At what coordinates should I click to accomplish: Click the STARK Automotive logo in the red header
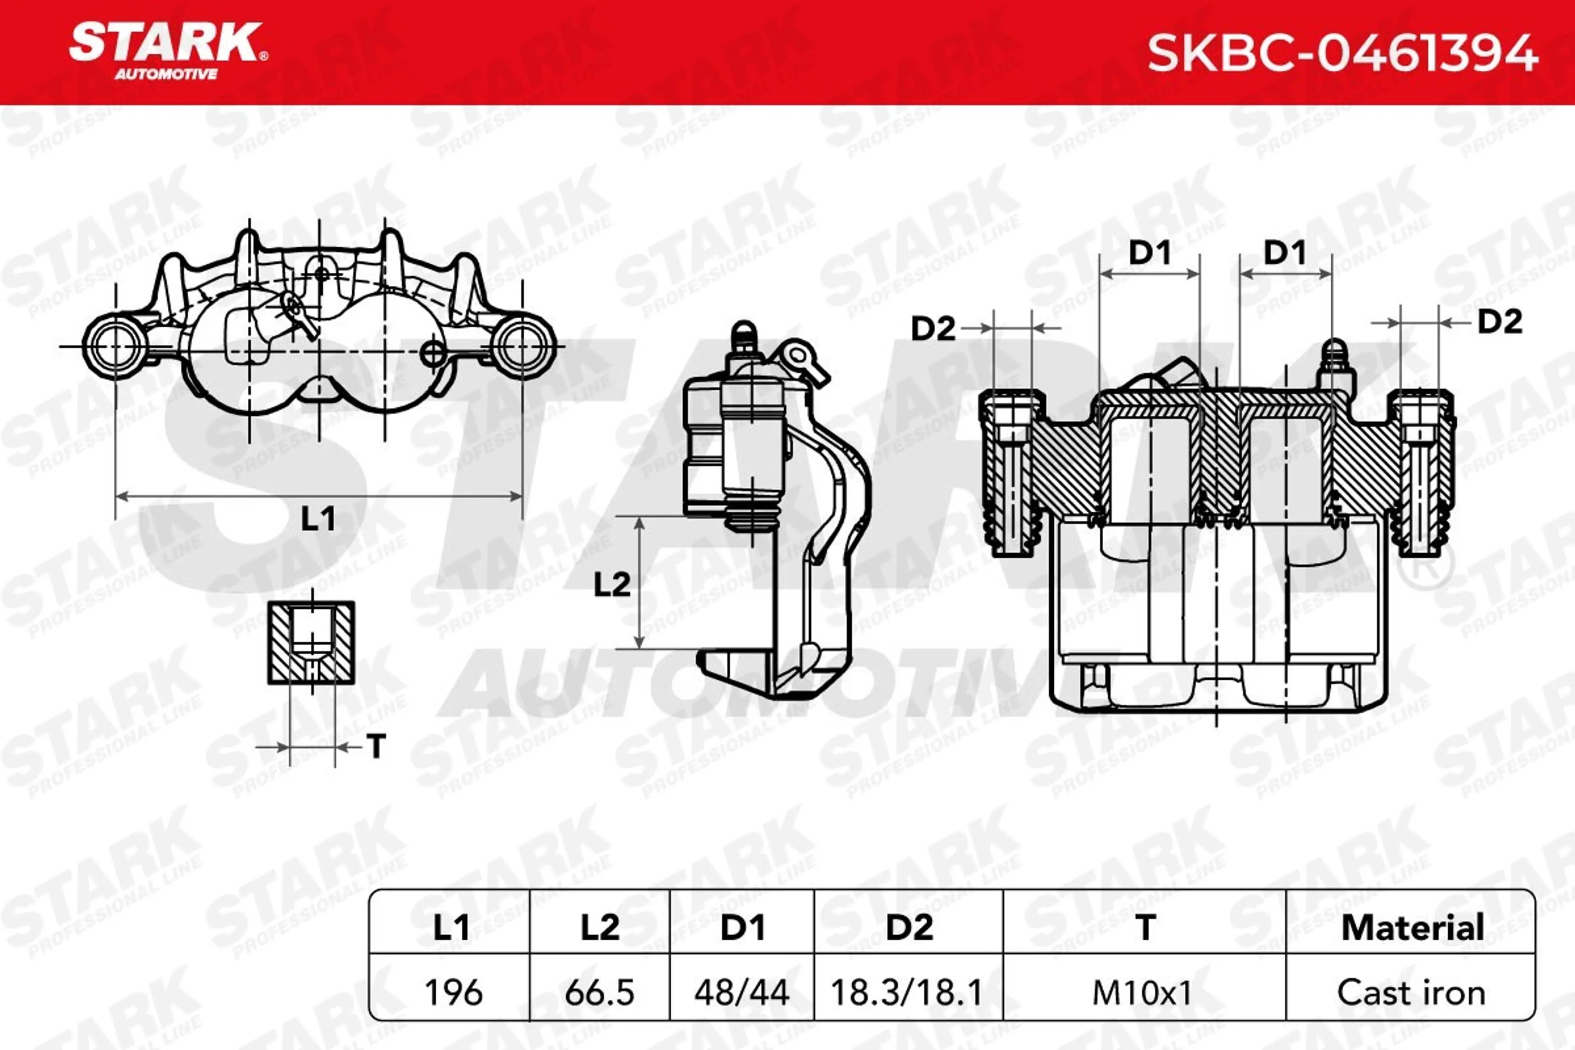[167, 50]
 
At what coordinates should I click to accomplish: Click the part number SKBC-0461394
[1342, 54]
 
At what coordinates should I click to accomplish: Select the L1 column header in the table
[451, 927]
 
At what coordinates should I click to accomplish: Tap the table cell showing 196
[453, 993]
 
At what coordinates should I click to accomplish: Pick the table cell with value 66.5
[599, 993]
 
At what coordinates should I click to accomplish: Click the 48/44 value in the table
[742, 993]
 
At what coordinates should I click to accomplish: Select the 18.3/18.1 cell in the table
[907, 993]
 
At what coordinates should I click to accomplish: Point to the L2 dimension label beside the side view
[612, 584]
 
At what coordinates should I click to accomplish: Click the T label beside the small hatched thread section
[377, 746]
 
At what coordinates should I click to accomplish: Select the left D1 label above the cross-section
[1150, 253]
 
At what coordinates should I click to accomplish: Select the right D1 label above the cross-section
[1284, 253]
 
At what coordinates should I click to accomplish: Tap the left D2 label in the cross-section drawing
[933, 328]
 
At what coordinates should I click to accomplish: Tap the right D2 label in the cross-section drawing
[1500, 322]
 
